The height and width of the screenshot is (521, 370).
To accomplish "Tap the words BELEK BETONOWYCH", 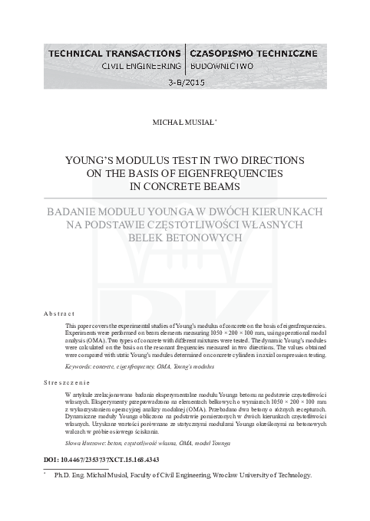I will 185,238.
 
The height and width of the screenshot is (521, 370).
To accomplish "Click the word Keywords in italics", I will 82,367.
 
